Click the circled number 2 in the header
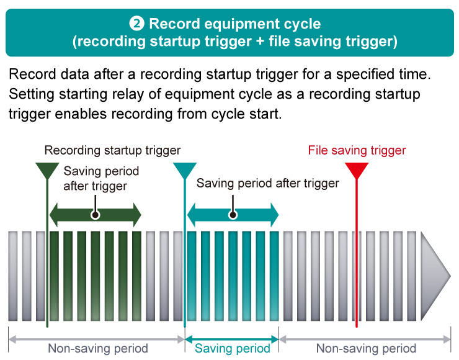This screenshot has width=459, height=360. coord(136,24)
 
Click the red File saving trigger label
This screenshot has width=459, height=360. coord(357,150)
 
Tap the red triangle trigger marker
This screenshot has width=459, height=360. coord(357,171)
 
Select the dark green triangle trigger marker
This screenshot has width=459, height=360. coord(47,171)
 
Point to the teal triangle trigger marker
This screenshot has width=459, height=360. coord(185,171)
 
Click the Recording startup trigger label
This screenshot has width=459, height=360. coord(112,150)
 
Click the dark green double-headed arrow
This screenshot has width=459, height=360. coord(96,215)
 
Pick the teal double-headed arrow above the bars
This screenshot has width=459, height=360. coord(233,215)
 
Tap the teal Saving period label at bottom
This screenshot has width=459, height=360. coord(233,349)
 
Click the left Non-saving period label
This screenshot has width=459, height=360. coord(98,349)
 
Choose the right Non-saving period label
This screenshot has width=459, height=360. coord(366,349)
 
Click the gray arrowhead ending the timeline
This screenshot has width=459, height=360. coord(435,276)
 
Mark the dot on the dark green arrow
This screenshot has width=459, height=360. coord(95,215)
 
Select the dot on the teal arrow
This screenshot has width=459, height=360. coord(233,215)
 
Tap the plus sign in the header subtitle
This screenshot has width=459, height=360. coord(261,42)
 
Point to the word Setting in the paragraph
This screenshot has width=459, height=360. coord(32,94)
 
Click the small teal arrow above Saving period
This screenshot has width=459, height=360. coord(232,340)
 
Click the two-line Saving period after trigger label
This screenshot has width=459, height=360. coord(101,178)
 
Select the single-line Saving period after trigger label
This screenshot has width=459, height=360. coord(267,183)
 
